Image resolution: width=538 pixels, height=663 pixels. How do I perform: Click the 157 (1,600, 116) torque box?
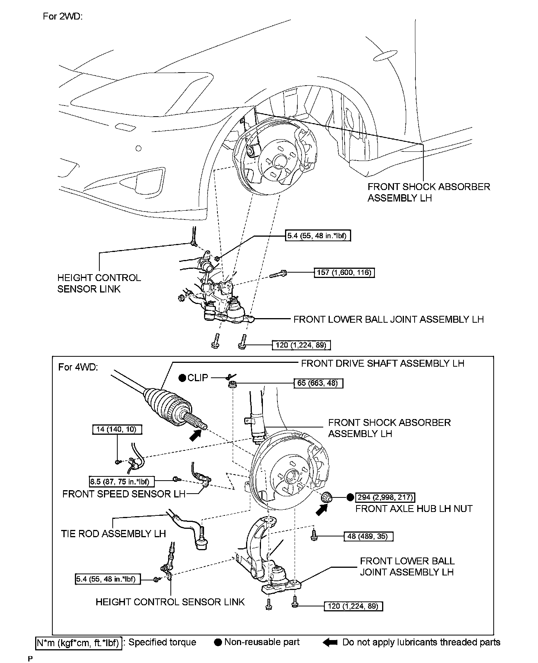tap(344, 273)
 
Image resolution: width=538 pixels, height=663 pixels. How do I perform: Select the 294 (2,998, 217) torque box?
tap(385, 497)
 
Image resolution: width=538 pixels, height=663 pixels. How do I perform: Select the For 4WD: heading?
tap(78, 367)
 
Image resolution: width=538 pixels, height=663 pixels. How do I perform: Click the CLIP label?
tap(198, 378)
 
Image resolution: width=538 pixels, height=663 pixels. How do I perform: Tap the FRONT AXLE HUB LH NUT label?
tap(414, 509)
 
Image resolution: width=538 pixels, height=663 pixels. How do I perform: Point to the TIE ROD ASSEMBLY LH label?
tap(113, 533)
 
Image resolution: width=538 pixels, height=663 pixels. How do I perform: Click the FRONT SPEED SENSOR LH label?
tap(124, 494)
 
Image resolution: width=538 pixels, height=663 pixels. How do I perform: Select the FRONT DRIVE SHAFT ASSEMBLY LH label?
tap(382, 363)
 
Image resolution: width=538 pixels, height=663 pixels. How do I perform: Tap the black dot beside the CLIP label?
tap(182, 378)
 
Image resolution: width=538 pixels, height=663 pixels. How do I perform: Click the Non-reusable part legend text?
tap(262, 642)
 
